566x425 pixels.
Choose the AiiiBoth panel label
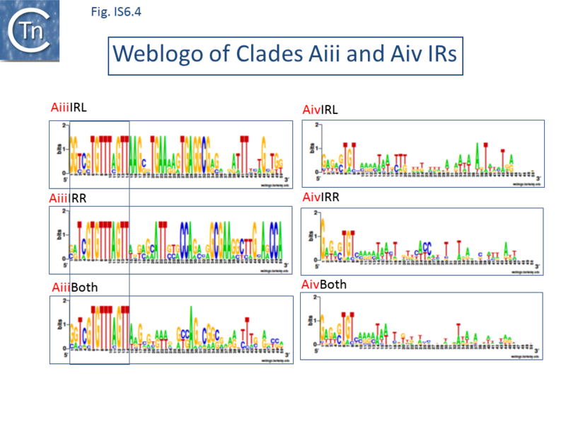(74, 288)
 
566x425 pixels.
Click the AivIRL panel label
(320, 110)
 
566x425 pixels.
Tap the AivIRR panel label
(320, 198)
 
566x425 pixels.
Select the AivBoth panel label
(325, 285)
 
